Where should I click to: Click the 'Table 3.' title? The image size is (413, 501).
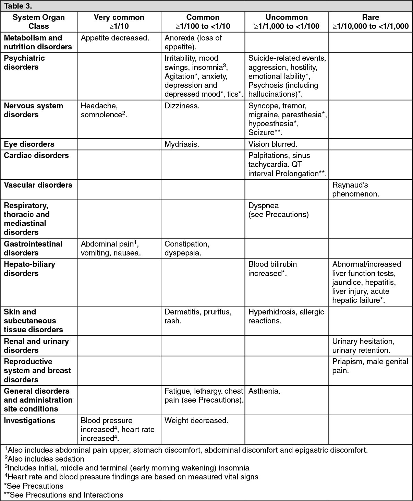[x=18, y=6]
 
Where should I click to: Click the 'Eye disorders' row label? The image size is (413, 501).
[x=29, y=144]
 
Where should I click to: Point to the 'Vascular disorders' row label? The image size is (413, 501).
[x=38, y=185]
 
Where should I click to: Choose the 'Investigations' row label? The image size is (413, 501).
[x=29, y=420]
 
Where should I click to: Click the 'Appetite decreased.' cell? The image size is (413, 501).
[x=115, y=38]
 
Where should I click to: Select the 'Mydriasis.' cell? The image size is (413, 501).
[x=182, y=144]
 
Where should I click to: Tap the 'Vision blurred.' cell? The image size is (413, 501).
[x=273, y=144]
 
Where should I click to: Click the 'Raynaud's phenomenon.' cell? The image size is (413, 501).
[x=355, y=189]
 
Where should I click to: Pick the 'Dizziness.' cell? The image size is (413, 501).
[x=182, y=106]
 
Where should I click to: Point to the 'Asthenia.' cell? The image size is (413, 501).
[x=264, y=391]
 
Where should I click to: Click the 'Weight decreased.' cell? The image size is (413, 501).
[x=196, y=420]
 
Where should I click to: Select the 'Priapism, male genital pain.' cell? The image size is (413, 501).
[x=370, y=366]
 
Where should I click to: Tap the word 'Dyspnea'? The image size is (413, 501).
[x=263, y=206]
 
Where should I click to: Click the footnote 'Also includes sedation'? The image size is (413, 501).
[x=46, y=459]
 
